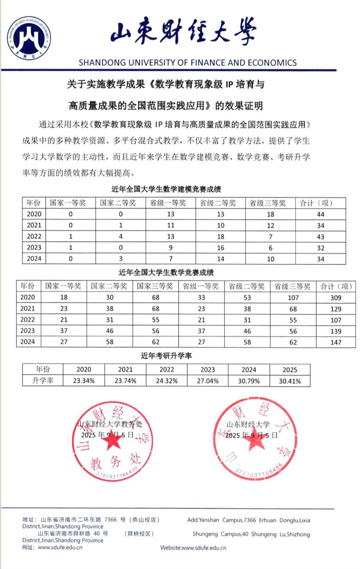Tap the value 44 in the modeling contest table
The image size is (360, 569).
(x=321, y=214)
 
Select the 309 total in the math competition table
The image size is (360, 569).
(x=336, y=298)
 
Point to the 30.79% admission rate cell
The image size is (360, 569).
(x=249, y=381)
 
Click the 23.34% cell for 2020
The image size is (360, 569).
(x=84, y=381)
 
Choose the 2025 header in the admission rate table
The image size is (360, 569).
(x=290, y=370)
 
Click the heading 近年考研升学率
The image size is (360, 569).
(x=166, y=356)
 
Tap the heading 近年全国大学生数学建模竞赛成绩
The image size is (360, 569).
(x=166, y=190)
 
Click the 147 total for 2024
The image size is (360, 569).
(x=336, y=342)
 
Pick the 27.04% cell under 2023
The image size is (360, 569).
(x=208, y=381)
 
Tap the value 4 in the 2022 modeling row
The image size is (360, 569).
(x=121, y=236)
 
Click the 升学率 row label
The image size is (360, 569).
(x=43, y=381)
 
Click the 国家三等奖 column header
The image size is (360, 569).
(x=155, y=286)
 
